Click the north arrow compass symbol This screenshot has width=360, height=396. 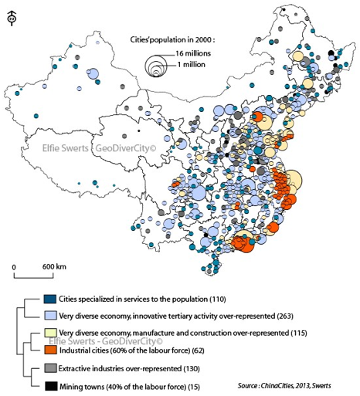[12, 19]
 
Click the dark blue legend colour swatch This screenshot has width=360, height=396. [50, 300]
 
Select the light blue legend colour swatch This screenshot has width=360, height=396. [50, 316]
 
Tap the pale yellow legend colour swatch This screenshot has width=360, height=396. [50, 333]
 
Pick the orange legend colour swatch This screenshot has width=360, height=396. [50, 350]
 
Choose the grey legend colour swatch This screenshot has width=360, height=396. [50, 368]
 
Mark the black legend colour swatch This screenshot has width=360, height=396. [51, 386]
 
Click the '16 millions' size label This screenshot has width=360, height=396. [193, 53]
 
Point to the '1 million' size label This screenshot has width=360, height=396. [191, 65]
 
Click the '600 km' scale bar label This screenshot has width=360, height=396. [54, 266]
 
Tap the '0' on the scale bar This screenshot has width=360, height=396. [14, 267]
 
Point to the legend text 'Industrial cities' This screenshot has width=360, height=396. [83, 350]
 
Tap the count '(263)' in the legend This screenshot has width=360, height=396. [285, 316]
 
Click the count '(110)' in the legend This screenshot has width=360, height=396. [218, 300]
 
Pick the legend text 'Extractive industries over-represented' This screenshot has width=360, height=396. [120, 368]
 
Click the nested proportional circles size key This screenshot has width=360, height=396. [155, 66]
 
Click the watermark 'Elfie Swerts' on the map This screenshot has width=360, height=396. [65, 148]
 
